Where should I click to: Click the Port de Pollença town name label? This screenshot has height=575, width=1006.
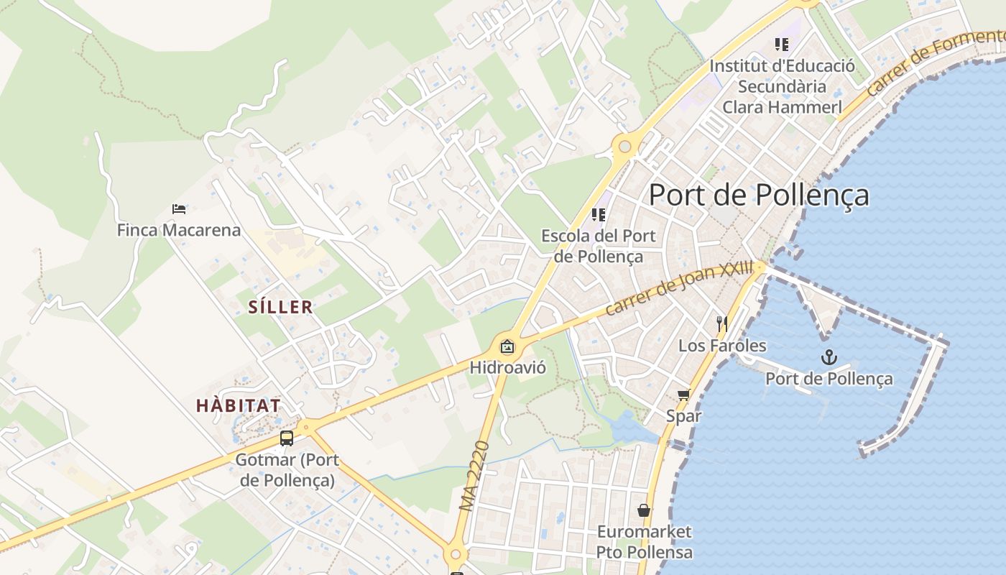point(759,195)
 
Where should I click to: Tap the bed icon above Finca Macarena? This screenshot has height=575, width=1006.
point(179,209)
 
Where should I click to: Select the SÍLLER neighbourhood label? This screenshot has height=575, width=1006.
point(280,307)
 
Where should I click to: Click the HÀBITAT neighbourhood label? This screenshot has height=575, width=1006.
point(238,405)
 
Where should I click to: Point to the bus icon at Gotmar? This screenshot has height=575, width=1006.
point(286,438)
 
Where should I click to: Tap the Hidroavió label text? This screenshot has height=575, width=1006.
point(507,368)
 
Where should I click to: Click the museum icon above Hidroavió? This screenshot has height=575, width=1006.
point(507,347)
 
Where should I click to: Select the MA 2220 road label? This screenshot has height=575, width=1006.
point(474,476)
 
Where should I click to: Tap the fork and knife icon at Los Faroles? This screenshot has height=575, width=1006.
point(722,324)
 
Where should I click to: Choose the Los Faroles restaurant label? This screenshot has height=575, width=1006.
point(722,346)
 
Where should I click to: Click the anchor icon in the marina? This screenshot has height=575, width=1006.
point(829,356)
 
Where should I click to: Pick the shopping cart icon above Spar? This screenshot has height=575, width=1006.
point(683,395)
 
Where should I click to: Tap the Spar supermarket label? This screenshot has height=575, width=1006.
point(683,415)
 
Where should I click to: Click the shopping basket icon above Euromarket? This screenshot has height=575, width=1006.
point(644,510)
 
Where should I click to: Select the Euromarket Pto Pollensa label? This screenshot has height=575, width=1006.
point(645,542)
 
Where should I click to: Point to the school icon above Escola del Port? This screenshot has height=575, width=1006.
point(599,214)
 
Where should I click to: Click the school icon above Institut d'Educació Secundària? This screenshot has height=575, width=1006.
point(782,45)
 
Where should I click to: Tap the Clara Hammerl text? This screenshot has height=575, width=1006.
point(782,107)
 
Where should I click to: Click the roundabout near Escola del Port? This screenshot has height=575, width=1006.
point(624,147)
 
